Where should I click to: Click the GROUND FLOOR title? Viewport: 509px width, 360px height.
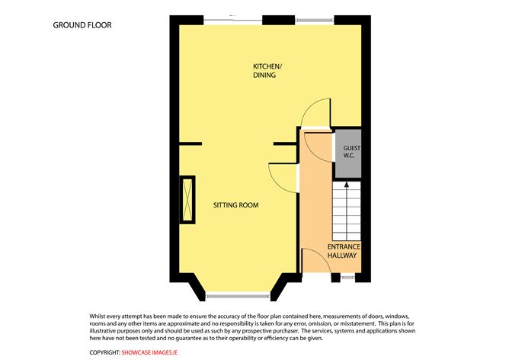click(82, 25)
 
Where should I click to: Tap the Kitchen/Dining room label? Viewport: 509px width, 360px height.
click(267, 71)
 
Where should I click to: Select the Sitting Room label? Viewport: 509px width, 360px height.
click(236, 205)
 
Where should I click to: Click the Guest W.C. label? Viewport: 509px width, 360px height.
click(351, 152)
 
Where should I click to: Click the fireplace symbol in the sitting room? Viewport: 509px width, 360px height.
click(186, 200)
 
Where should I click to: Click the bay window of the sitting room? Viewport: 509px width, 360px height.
click(236, 295)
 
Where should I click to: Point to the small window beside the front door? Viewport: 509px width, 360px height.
click(347, 278)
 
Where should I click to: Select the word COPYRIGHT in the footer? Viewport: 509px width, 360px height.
click(104, 352)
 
